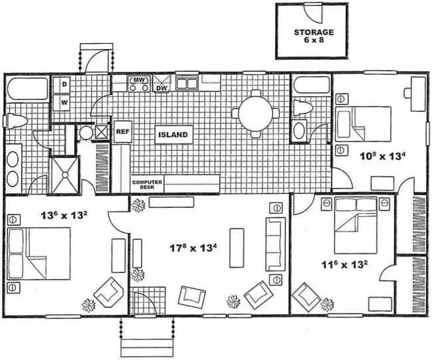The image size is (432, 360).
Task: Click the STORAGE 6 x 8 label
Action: (314, 35)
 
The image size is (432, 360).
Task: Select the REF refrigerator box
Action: (122, 132)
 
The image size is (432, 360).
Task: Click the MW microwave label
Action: (139, 81)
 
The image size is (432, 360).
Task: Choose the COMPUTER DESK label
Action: (147, 185)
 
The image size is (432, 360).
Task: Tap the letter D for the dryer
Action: (65, 86)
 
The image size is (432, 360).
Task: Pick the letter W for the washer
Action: (65, 102)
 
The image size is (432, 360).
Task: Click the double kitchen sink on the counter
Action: (187, 83)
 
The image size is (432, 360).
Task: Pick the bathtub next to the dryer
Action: (28, 88)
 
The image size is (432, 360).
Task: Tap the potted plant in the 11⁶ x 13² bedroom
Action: (327, 304)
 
